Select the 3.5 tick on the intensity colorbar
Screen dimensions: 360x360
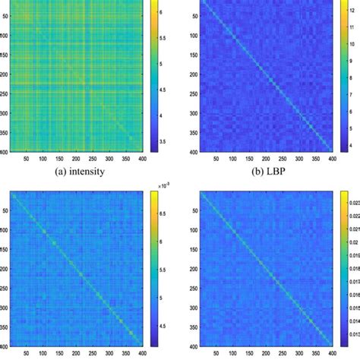click(167, 140)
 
